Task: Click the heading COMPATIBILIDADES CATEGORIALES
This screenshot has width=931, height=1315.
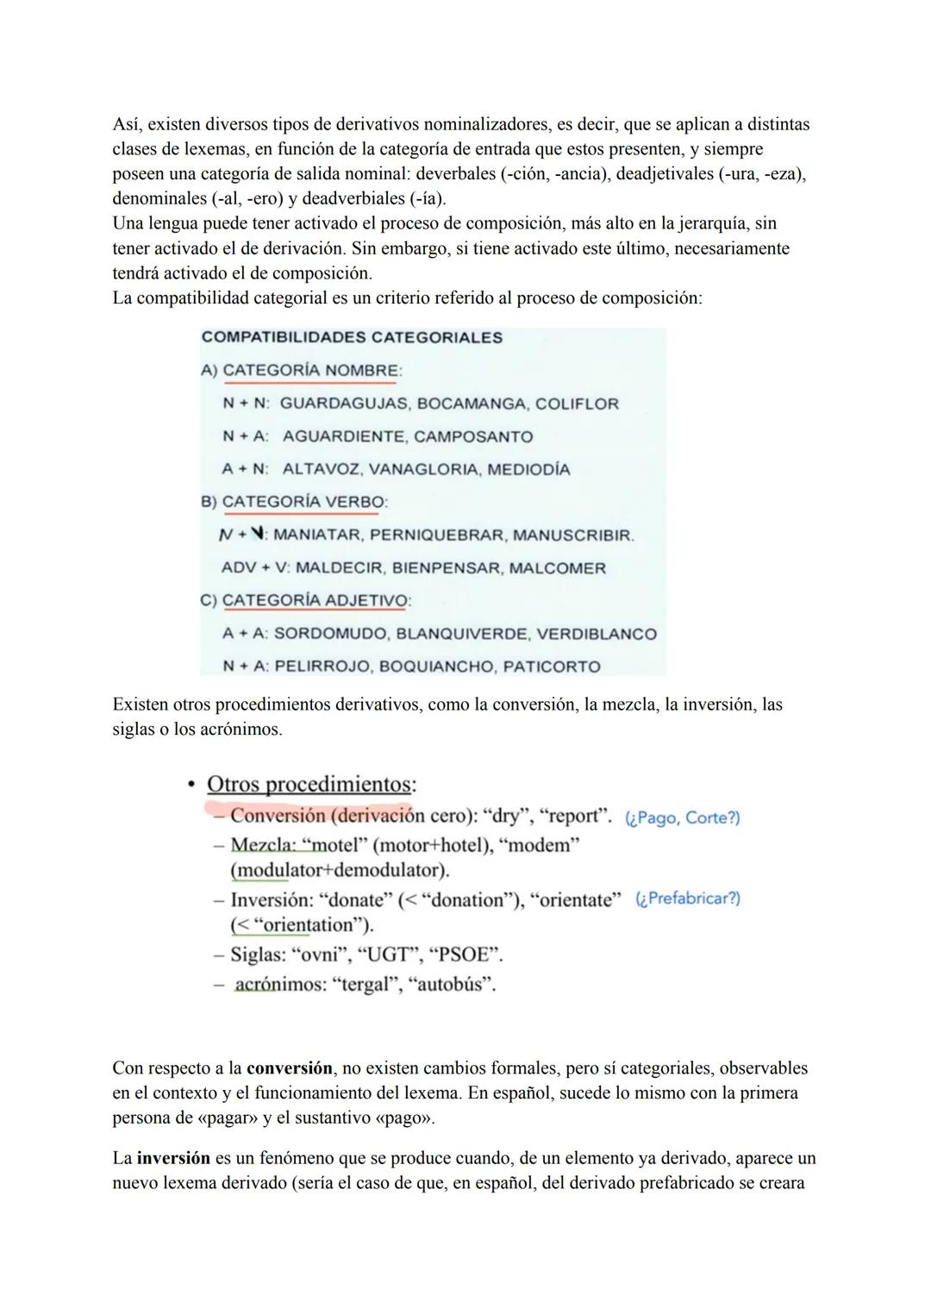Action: [352, 337]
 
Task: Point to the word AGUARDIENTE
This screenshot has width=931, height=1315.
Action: [343, 436]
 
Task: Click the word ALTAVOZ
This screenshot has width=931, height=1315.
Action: [320, 469]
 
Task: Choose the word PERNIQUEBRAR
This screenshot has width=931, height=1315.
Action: [437, 535]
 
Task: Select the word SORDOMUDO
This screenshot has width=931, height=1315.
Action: [330, 634]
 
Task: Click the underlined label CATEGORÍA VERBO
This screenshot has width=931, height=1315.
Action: [304, 502]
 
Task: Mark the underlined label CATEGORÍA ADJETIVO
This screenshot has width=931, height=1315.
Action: [315, 600]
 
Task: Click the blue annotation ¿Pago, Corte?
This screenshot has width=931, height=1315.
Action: [683, 817]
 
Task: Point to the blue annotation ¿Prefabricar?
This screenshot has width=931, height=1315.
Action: [688, 899]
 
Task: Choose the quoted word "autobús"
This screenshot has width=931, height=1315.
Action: [456, 984]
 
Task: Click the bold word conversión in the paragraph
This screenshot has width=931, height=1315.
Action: [290, 1068]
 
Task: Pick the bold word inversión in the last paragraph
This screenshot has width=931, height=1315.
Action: [173, 1158]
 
